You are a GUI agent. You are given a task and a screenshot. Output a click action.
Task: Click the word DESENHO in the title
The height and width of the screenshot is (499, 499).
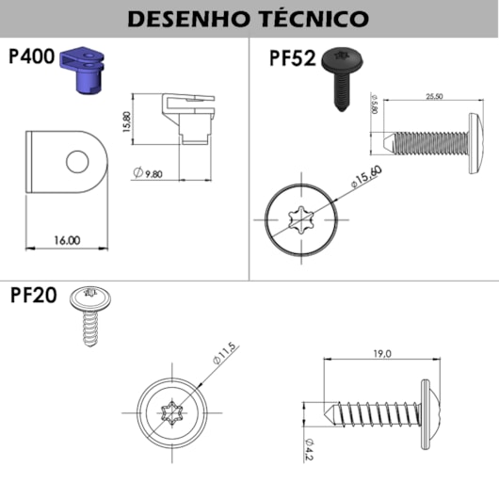point(186,19)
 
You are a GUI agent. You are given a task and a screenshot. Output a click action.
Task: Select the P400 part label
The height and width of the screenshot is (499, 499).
point(31,56)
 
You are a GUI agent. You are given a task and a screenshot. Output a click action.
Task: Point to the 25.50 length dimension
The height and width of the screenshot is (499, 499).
point(433,96)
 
